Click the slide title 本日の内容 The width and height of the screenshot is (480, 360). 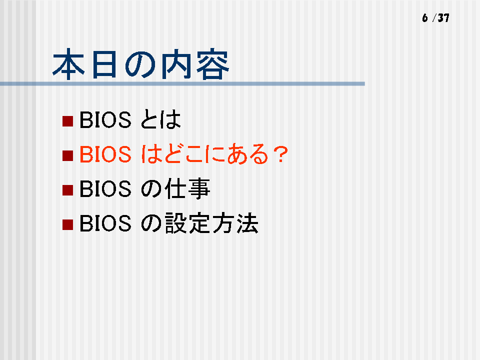pos(141,64)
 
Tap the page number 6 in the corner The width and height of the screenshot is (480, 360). pos(425,18)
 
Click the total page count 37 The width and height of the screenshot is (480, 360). pos(443,18)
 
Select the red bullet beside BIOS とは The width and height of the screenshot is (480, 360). pos(67,121)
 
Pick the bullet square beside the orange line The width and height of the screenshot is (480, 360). pos(67,155)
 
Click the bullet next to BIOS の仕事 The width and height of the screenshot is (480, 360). pos(67,190)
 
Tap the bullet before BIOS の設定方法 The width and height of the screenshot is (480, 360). pos(67,224)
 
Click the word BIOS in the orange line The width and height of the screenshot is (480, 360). pos(105,154)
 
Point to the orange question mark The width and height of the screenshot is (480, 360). pos(281,154)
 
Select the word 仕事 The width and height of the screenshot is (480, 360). pos(187,188)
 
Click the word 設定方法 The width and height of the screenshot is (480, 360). pos(211,223)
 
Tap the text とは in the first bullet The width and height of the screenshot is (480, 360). pos(161,119)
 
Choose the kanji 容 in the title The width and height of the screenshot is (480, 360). pos(213,64)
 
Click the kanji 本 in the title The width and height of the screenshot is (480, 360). pos(68,64)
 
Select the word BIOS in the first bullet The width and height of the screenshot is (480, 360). pos(105,119)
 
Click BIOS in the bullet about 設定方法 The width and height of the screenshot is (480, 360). pos(105,223)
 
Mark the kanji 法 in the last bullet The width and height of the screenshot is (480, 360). pos(247,223)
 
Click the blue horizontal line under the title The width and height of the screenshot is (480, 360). pos(182,83)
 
